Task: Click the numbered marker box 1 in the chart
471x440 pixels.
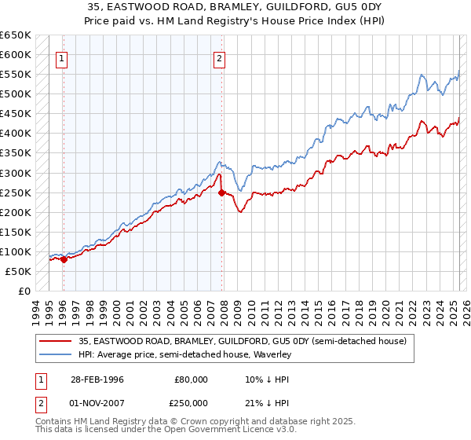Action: [x=61, y=57]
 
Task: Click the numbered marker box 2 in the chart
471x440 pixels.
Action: [x=220, y=57]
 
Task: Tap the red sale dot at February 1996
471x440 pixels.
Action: [x=64, y=259]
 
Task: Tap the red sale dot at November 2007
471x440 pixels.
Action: [x=221, y=192]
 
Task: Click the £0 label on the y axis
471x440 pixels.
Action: [x=24, y=291]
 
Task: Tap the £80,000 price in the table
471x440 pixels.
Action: [x=192, y=379]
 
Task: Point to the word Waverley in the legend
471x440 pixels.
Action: [x=272, y=354]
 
